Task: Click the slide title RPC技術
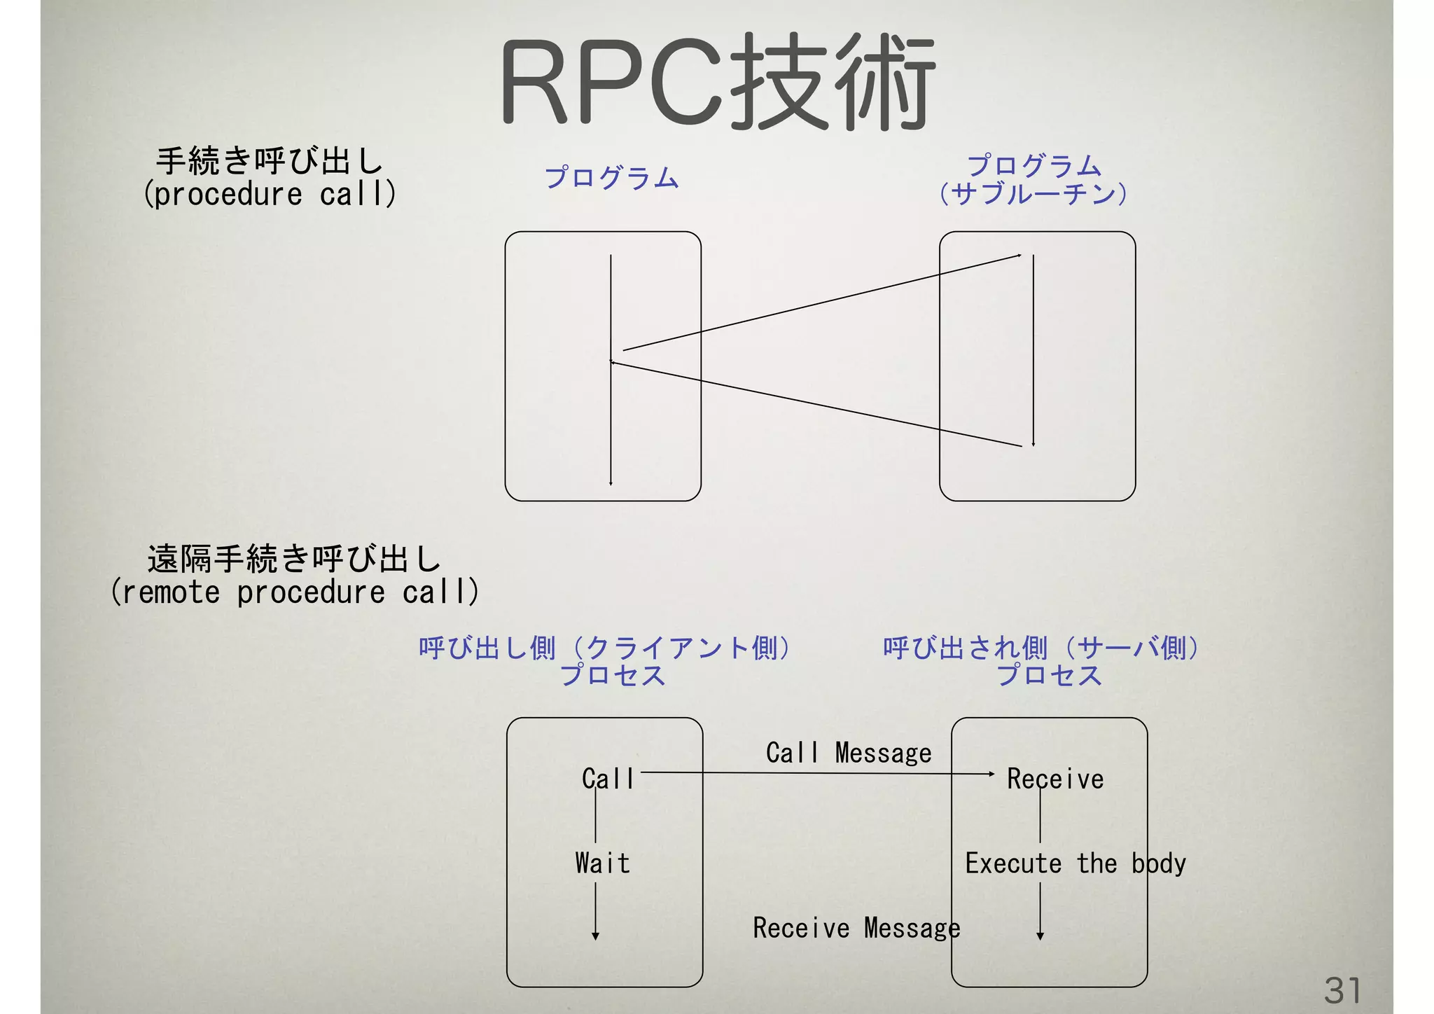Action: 717,82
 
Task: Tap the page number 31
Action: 1342,991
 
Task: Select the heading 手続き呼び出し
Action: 270,161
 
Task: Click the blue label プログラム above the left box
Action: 611,178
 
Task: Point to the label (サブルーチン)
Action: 1033,193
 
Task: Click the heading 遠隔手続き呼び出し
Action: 294,559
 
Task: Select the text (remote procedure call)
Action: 294,592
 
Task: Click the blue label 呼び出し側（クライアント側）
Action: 605,648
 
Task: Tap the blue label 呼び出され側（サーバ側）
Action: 1041,648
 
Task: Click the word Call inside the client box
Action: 608,779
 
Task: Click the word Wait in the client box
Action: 602,863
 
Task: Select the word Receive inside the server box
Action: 1055,779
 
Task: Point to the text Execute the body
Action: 1075,863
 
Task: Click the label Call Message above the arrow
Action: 849,753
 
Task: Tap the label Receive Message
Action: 856,928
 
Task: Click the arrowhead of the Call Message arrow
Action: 991,774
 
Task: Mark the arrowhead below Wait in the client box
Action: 595,936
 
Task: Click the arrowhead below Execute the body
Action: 1040,936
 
